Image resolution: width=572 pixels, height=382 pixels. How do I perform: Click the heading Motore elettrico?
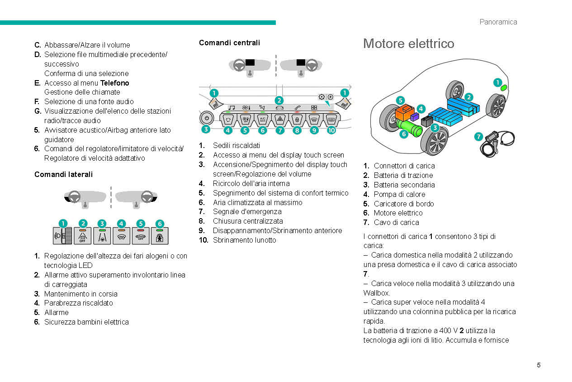[408, 43]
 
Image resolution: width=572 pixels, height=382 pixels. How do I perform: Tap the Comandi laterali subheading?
[63, 174]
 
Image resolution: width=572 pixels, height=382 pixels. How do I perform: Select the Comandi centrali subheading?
[229, 43]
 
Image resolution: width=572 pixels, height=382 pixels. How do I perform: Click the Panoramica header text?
[498, 22]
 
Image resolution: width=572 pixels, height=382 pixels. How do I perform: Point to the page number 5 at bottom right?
[539, 365]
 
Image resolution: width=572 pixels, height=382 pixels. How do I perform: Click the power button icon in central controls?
[206, 118]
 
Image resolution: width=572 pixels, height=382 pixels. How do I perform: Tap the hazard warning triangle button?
[280, 120]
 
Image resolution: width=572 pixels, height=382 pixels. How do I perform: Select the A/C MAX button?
[263, 120]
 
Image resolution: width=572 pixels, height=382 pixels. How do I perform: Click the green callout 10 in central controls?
[331, 130]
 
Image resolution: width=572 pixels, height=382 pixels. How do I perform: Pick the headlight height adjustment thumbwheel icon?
[62, 235]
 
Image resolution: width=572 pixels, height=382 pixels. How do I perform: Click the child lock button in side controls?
[160, 235]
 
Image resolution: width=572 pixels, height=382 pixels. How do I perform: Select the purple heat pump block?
[415, 117]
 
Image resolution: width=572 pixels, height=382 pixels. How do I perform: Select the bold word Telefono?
[114, 83]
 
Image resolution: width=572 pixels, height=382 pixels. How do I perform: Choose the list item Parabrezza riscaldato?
[78, 303]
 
